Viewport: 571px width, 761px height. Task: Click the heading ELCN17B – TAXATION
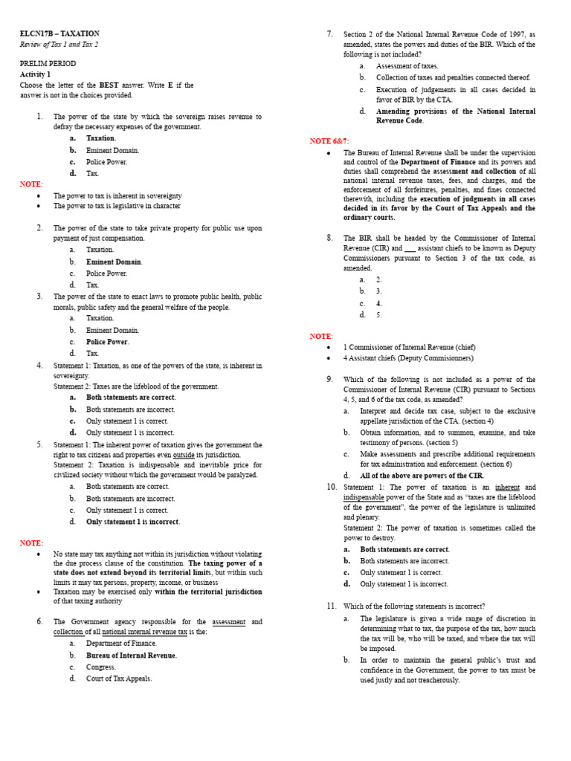coord(59,33)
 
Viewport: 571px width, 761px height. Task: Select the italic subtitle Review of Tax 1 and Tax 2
coord(59,45)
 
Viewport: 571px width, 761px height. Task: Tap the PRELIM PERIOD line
coord(48,64)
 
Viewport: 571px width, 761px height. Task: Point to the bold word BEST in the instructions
coord(109,85)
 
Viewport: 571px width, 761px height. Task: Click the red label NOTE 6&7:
coord(329,141)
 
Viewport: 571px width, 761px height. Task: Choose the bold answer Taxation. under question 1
coord(101,138)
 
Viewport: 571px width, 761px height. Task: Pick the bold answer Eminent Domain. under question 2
coord(114,262)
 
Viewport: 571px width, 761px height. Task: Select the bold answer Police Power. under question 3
coord(107,342)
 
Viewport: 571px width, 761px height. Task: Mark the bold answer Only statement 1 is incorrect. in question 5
coord(133,522)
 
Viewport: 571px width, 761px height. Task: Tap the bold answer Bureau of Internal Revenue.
coord(132,655)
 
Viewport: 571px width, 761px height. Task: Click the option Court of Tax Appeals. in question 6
coord(119,679)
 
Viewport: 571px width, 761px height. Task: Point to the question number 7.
coord(329,34)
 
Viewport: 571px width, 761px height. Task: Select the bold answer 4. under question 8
coord(379,303)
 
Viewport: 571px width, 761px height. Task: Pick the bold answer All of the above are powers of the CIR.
coord(422,476)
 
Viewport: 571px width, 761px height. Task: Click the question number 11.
coord(332,606)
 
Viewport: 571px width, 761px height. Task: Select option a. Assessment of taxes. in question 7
coord(407,66)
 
